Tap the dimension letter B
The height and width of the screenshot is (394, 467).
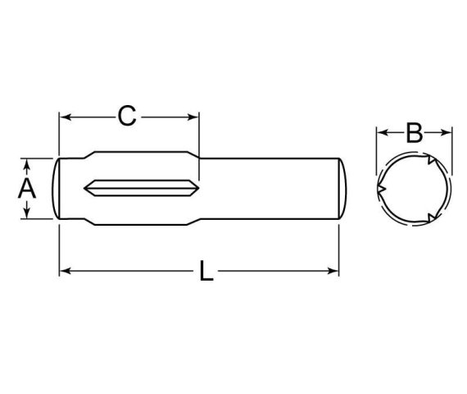(x=414, y=131)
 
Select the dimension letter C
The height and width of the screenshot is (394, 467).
(x=126, y=117)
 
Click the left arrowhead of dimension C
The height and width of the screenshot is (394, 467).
(x=64, y=117)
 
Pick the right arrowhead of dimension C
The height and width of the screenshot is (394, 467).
(x=194, y=117)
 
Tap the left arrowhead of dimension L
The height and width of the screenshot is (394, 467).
(x=64, y=269)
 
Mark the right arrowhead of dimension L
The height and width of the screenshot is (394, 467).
(x=335, y=269)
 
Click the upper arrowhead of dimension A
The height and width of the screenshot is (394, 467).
(x=28, y=162)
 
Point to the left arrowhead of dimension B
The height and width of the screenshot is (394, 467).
(x=380, y=131)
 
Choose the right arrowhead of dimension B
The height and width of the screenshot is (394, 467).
(x=447, y=131)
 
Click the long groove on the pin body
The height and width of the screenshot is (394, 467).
(x=139, y=188)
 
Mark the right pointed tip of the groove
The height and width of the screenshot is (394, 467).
(x=194, y=188)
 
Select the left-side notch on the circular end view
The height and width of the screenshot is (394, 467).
(x=381, y=190)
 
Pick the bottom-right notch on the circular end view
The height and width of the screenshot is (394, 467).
(x=431, y=218)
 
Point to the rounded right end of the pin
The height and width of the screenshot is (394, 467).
(x=347, y=188)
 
